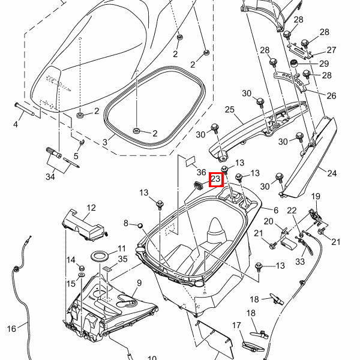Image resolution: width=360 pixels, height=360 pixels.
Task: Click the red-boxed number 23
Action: pyautogui.click(x=215, y=179)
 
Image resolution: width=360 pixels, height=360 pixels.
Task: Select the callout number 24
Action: pyautogui.click(x=332, y=173)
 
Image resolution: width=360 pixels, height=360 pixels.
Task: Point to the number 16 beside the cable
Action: pyautogui.click(x=11, y=328)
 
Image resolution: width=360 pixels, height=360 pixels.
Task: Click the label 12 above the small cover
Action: pyautogui.click(x=91, y=208)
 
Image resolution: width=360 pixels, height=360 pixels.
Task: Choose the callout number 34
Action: pyautogui.click(x=50, y=176)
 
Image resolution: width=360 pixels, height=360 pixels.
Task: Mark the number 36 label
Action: pyautogui.click(x=201, y=172)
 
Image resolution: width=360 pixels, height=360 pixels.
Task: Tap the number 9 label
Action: pyautogui.click(x=139, y=283)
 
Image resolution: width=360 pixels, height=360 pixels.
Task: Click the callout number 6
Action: pyautogui.click(x=276, y=210)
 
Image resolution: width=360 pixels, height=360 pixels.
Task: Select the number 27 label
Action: pyautogui.click(x=331, y=50)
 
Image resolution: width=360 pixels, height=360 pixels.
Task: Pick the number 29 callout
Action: pyautogui.click(x=324, y=63)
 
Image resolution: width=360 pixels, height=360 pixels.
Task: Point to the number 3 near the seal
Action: pyautogui.click(x=104, y=142)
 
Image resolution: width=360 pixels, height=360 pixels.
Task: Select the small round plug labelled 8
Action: pyautogui.click(x=140, y=225)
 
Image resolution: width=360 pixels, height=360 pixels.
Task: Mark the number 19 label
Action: pyautogui.click(x=316, y=196)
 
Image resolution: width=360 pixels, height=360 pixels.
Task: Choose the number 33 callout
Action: pyautogui.click(x=299, y=261)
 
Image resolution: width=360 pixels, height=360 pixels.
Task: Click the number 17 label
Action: pyautogui.click(x=236, y=325)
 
